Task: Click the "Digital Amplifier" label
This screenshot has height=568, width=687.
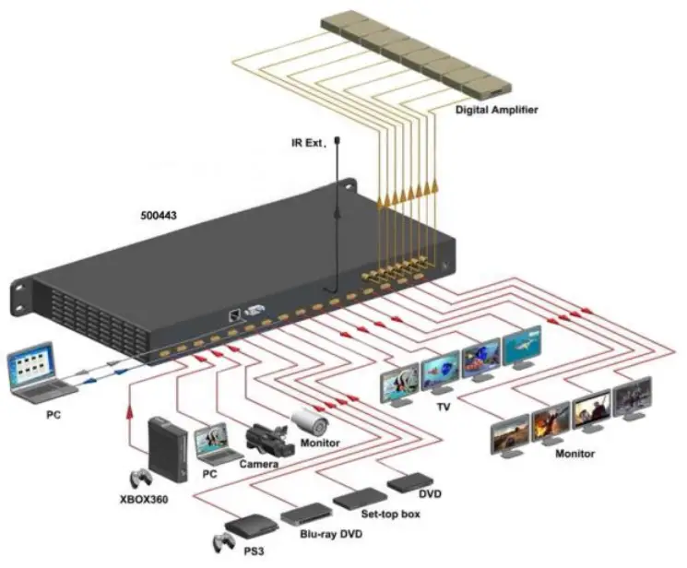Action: point(496,110)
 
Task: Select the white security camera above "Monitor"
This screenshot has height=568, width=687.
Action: point(310,422)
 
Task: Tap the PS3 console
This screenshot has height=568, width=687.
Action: point(241,528)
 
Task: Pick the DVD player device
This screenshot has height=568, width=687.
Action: point(409,482)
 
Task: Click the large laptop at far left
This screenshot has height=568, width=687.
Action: point(37,372)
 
